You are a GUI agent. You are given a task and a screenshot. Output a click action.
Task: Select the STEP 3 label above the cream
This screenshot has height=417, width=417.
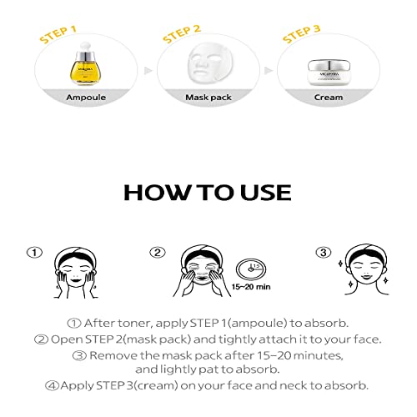point(302,38)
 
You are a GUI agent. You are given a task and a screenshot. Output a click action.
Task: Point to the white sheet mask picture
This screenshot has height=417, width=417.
point(203,68)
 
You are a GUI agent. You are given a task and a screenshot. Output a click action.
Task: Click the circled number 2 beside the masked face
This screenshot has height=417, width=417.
point(158,252)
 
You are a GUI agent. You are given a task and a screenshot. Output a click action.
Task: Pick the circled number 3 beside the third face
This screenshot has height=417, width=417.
point(322,252)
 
